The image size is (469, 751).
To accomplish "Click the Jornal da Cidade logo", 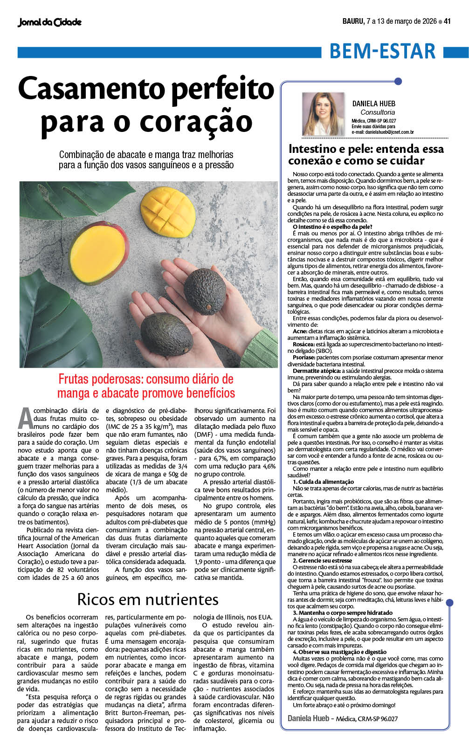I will pyautogui.click(x=49, y=22).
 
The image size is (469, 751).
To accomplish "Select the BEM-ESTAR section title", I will pyautogui.click(x=382, y=51).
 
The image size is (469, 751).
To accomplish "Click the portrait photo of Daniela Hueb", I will pyautogui.click(x=323, y=114).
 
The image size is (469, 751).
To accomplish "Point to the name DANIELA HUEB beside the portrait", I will pyautogui.click(x=373, y=103).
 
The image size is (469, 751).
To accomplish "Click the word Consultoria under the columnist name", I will pyautogui.click(x=377, y=112).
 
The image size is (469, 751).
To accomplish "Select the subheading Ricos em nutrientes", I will pyautogui.click(x=148, y=599).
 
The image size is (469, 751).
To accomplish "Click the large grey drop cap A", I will pyautogui.click(x=25, y=418).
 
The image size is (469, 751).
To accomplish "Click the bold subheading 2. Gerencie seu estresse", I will pyautogui.click(x=322, y=560).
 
